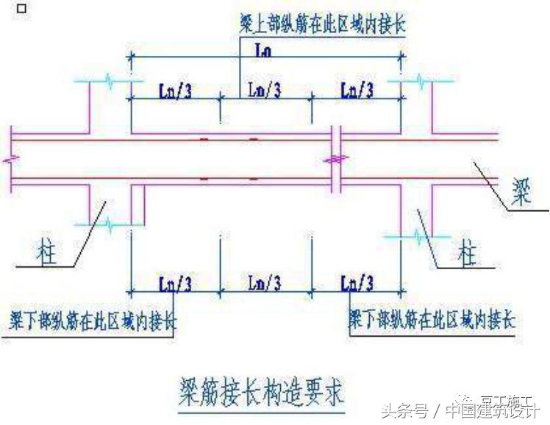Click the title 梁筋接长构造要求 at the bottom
pyautogui.click(x=260, y=387)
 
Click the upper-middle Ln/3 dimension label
pyautogui.click(x=264, y=90)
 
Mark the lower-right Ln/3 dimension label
pyautogui.click(x=357, y=282)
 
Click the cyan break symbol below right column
pyautogui.click(x=418, y=237)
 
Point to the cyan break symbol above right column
pyautogui.click(x=418, y=80)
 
